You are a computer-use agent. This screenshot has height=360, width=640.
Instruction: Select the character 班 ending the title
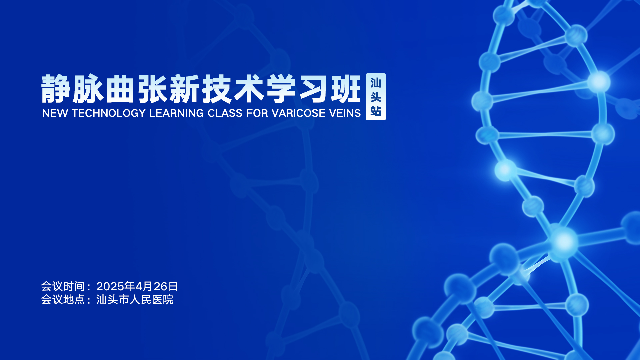point(346,89)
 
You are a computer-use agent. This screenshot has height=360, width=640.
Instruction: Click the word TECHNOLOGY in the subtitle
point(109,113)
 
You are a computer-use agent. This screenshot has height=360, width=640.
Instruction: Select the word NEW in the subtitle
point(55,113)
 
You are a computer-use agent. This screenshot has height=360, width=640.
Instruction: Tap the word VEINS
point(345,113)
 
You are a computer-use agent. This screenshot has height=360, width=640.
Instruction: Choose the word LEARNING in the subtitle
point(176,113)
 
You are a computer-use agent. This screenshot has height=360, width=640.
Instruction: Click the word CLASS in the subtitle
point(225,113)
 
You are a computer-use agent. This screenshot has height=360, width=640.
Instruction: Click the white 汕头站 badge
point(376,97)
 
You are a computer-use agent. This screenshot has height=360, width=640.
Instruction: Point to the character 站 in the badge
point(376,111)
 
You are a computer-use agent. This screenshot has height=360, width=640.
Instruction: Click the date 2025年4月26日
point(137,286)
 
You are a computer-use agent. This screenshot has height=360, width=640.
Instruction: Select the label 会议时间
point(63,286)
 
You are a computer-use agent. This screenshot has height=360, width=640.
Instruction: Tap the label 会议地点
point(63,300)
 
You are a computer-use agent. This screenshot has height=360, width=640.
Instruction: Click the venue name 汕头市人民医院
point(135,300)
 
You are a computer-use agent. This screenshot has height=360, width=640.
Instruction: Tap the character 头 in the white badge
point(376,97)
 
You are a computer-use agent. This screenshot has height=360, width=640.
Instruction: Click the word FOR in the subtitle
point(257,113)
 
